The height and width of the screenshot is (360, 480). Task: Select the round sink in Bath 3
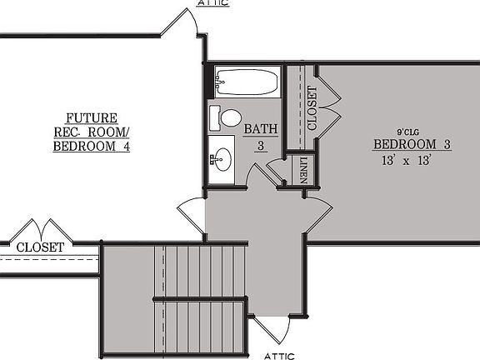pos(221,156)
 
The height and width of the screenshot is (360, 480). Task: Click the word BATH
pos(259,130)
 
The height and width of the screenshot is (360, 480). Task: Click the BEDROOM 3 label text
pos(412,144)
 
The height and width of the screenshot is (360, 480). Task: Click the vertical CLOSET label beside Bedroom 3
pos(311,108)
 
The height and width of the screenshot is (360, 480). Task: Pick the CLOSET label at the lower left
pos(39,247)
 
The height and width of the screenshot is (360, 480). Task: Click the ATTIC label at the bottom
pos(280,354)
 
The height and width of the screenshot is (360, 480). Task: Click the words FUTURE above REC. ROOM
pos(92,118)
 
